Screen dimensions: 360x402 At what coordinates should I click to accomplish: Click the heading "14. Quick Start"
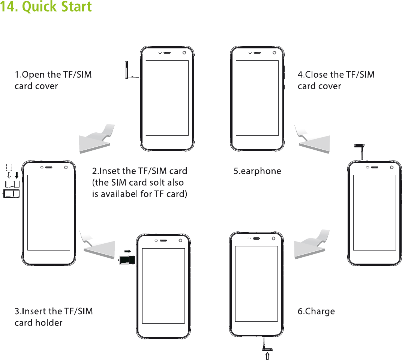click(46, 7)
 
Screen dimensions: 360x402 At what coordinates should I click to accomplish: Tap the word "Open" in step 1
click(31, 75)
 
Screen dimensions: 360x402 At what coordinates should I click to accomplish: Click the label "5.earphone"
click(257, 171)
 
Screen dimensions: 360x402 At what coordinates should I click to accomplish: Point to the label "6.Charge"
click(316, 312)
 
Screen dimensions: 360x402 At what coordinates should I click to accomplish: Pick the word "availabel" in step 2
click(120, 194)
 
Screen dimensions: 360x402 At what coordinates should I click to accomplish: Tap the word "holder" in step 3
click(50, 323)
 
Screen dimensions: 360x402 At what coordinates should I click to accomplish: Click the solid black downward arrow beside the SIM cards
click(16, 175)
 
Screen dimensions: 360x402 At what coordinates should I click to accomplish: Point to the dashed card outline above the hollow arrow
click(9, 167)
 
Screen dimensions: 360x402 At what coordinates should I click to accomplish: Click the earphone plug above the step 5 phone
click(360, 147)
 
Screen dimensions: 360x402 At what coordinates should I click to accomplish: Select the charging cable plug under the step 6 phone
click(265, 343)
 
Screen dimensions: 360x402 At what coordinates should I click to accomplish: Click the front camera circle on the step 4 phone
click(274, 52)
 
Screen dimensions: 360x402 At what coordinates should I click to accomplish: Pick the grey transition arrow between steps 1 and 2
click(96, 141)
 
